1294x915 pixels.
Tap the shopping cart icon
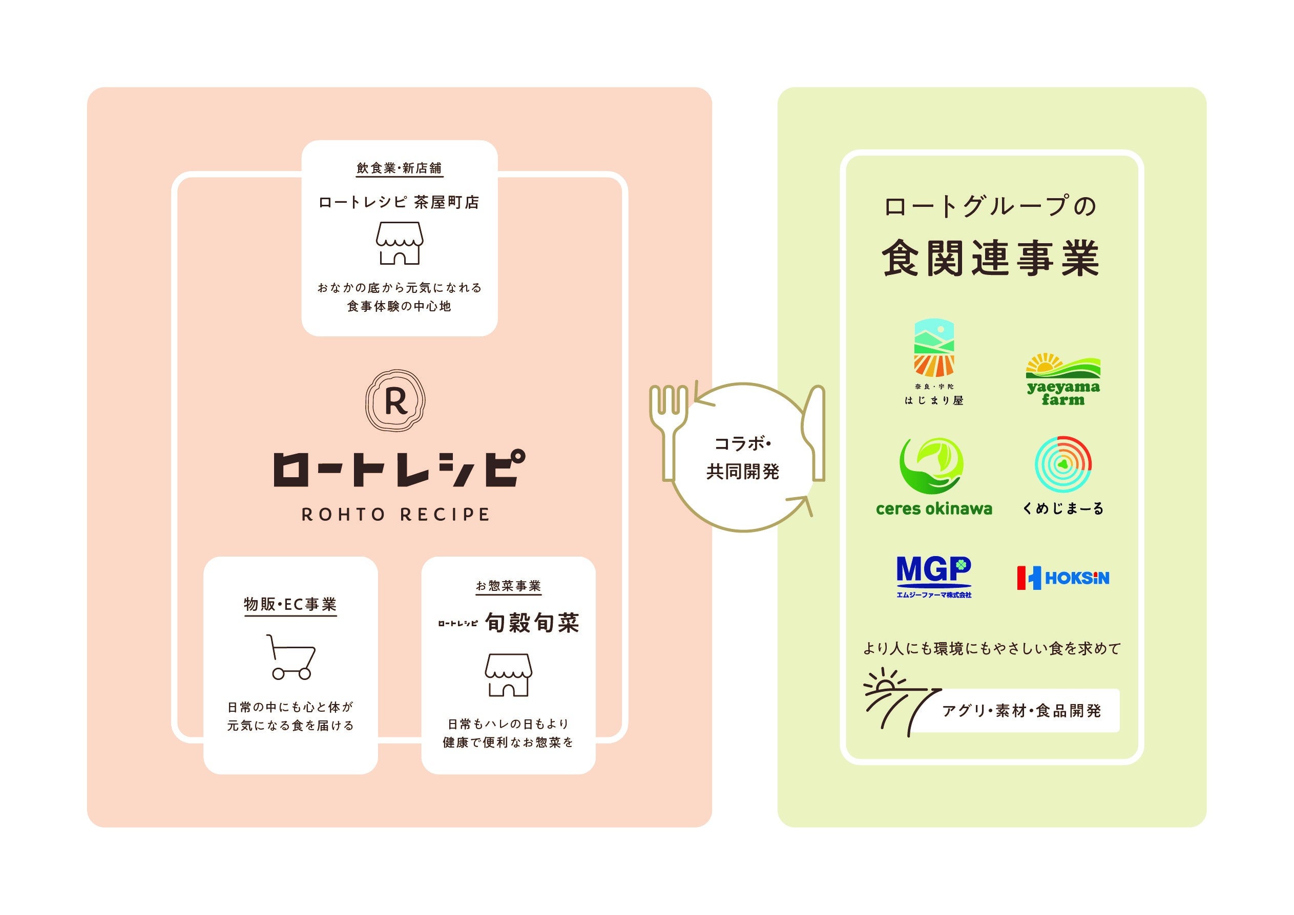point(291,657)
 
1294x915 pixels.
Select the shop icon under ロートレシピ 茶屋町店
point(400,243)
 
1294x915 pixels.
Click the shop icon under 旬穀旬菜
point(508,674)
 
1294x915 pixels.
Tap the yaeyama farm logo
point(1063,379)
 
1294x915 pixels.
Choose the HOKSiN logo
point(1063,578)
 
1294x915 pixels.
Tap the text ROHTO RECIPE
point(395,515)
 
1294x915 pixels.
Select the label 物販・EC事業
point(290,605)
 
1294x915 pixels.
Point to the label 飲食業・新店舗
point(399,168)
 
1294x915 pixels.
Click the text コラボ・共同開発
point(743,458)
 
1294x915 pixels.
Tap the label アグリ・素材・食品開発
point(1021,711)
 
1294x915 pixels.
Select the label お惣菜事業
point(508,586)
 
